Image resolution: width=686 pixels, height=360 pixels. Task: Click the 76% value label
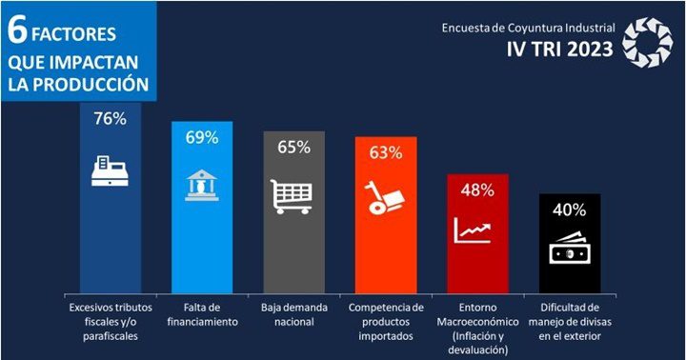(x=110, y=119)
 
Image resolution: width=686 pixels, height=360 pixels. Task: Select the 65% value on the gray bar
(x=293, y=147)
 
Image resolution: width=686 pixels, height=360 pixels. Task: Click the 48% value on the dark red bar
(x=477, y=190)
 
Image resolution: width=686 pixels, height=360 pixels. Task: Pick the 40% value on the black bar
(x=570, y=210)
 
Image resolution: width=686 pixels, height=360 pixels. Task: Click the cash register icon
(x=110, y=170)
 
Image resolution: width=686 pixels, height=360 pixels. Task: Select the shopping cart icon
(x=293, y=195)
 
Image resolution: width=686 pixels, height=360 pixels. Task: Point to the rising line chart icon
(x=477, y=230)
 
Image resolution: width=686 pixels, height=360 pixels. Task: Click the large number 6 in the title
(x=16, y=31)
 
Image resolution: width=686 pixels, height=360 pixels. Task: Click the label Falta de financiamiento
(x=202, y=315)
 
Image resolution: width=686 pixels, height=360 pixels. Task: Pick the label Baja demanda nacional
(x=293, y=315)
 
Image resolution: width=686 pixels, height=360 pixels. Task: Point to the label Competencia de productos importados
(x=386, y=322)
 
